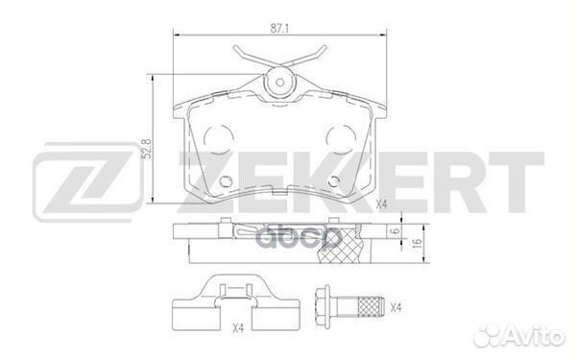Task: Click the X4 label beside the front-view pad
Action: [x=382, y=204]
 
